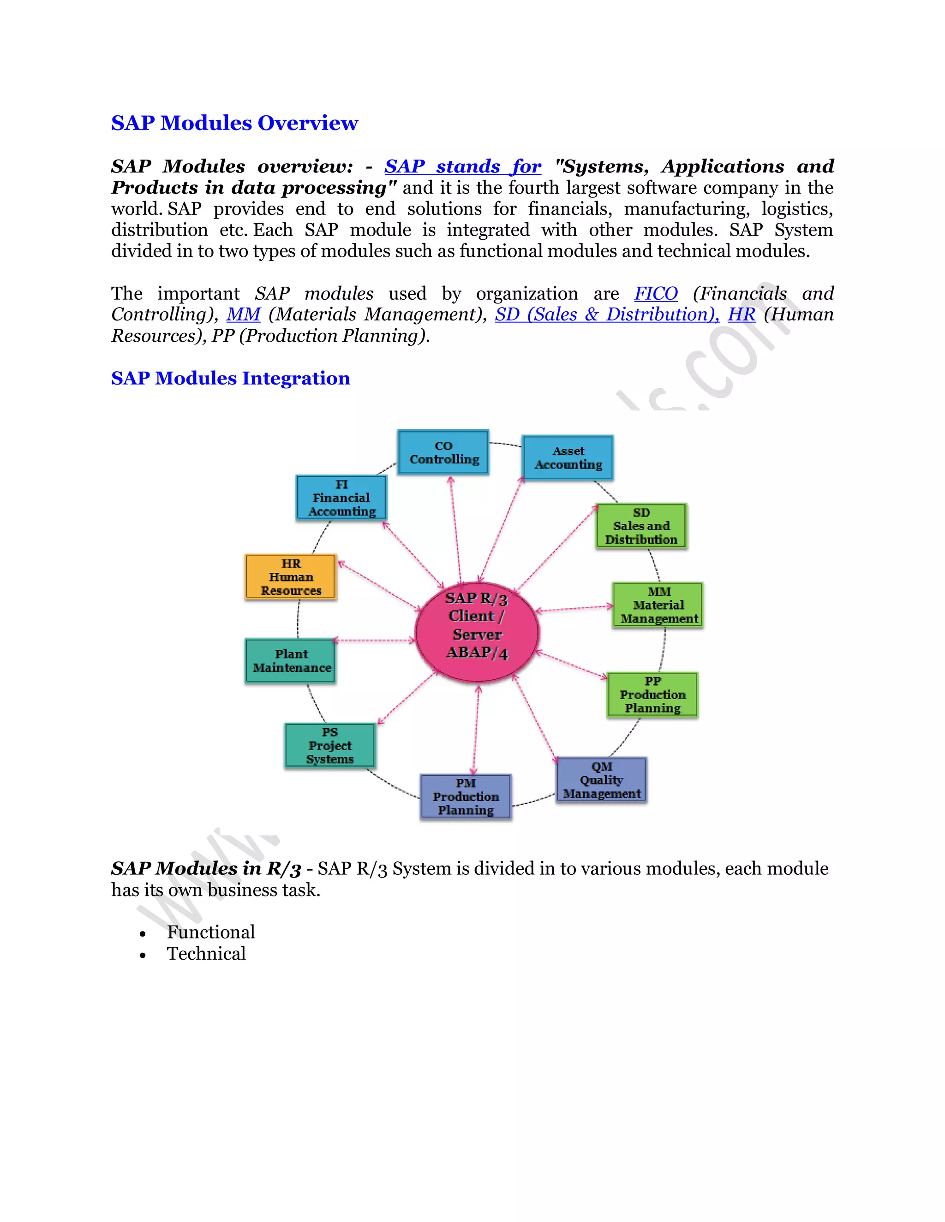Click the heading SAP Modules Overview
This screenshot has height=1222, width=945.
234,123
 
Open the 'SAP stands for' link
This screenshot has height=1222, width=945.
462,167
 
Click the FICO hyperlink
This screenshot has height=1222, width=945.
656,294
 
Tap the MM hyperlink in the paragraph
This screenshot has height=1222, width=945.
243,314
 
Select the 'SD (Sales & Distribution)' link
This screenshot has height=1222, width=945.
606,314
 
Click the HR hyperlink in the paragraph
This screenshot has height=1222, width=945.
741,314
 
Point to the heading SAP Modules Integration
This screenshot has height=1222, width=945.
230,378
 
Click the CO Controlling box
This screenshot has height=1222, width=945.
443,453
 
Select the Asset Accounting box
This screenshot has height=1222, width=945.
568,458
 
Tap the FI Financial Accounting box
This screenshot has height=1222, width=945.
341,498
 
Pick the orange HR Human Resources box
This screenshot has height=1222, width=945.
291,577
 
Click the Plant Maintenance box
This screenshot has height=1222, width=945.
291,661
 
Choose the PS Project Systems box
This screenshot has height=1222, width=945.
330,745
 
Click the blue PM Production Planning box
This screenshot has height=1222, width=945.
466,796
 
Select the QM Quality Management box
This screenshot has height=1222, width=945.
601,780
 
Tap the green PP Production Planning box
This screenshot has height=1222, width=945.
652,694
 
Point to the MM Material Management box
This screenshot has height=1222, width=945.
658,605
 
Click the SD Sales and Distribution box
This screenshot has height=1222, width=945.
641,526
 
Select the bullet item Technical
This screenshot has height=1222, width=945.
206,954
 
